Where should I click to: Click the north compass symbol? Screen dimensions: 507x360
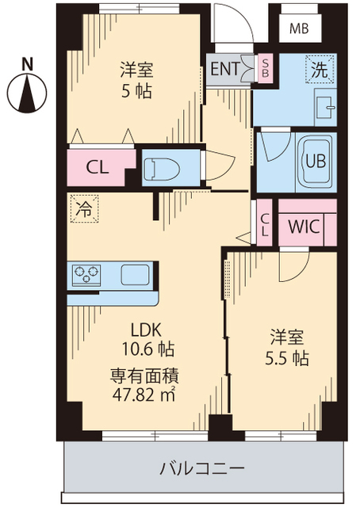point(27,88)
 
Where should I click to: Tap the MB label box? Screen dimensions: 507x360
point(299,29)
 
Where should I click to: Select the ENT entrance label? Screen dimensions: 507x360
point(224,68)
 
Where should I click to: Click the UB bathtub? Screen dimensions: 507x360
point(315,159)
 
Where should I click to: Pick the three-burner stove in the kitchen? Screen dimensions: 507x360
point(87,275)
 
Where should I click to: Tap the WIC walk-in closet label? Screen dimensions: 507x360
point(303,227)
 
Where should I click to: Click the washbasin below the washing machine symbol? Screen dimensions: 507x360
point(324,103)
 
